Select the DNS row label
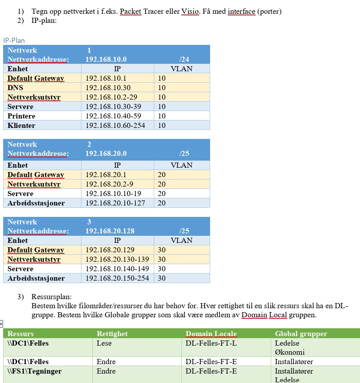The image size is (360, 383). (x=15, y=88)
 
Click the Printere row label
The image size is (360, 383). (x=21, y=116)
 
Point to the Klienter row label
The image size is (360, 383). (x=21, y=126)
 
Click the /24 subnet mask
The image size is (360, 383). (x=184, y=59)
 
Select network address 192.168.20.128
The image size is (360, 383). (x=110, y=231)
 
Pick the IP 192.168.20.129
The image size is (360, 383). (x=110, y=250)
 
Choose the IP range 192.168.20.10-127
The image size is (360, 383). (x=115, y=203)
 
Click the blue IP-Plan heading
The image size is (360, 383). (x=14, y=40)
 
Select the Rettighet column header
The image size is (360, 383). (x=112, y=334)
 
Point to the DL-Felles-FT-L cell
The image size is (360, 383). (x=211, y=343)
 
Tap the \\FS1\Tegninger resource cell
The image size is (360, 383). (x=35, y=371)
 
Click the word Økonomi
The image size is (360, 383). (x=290, y=352)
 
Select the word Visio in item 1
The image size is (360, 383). (x=190, y=11)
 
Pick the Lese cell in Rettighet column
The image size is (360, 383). (x=104, y=343)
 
